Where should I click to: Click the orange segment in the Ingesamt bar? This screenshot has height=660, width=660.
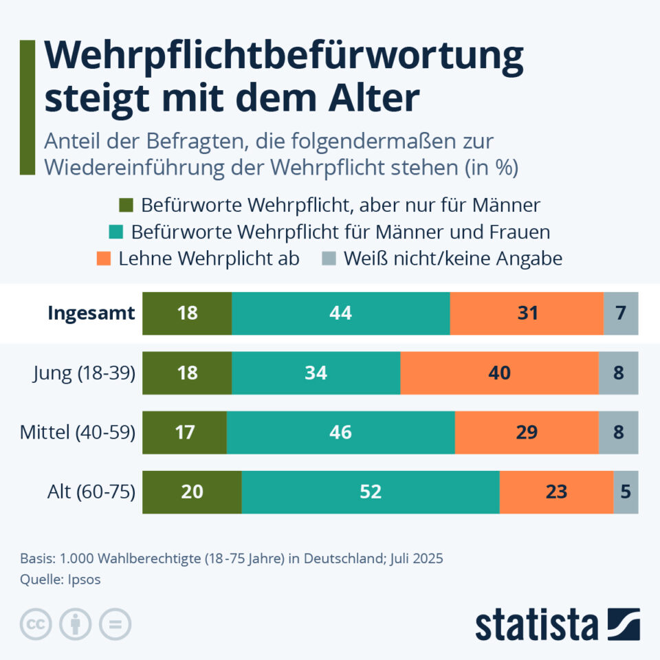pyautogui.click(x=527, y=313)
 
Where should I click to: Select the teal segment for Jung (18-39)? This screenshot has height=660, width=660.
pyautogui.click(x=316, y=373)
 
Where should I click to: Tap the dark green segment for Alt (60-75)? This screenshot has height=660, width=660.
pyautogui.click(x=192, y=492)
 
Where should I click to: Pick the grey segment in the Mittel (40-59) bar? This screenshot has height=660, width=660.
pyautogui.click(x=618, y=432)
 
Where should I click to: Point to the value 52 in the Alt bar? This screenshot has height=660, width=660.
pyautogui.click(x=371, y=492)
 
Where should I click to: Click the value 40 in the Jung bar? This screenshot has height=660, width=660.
pyautogui.click(x=499, y=373)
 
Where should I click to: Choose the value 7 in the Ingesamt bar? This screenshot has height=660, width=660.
pyautogui.click(x=621, y=313)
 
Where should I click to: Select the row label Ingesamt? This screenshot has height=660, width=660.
pyautogui.click(x=91, y=313)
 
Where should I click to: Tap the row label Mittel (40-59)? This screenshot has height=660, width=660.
pyautogui.click(x=77, y=432)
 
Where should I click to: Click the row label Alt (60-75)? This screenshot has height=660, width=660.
pyautogui.click(x=92, y=492)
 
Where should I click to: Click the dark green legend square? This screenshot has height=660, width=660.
pyautogui.click(x=126, y=205)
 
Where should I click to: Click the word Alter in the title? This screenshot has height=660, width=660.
pyautogui.click(x=372, y=99)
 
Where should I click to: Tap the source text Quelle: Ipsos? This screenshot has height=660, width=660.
pyautogui.click(x=60, y=580)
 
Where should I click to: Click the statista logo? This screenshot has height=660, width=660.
pyautogui.click(x=557, y=624)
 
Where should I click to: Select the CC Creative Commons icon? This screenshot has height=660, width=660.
pyautogui.click(x=36, y=624)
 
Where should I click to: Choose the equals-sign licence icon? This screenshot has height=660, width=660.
pyautogui.click(x=115, y=624)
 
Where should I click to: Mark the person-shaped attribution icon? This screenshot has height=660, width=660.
pyautogui.click(x=76, y=624)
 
